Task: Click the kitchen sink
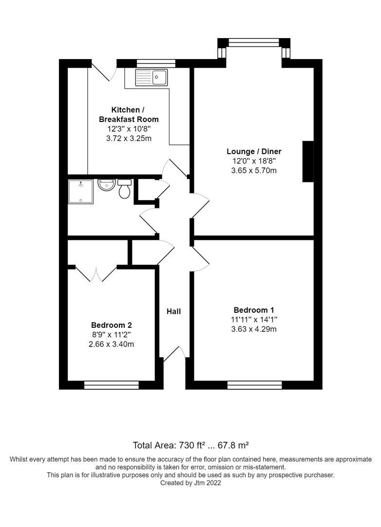pyautogui.click(x=152, y=77)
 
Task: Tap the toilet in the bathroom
pyautogui.click(x=124, y=188)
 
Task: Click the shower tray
pyautogui.click(x=80, y=191)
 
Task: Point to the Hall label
pyautogui.click(x=173, y=311)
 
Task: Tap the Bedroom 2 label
pyautogui.click(x=112, y=325)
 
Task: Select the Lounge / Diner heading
pyautogui.click(x=254, y=151)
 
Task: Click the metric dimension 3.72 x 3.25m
pyautogui.click(x=129, y=139)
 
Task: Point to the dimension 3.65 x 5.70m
pyautogui.click(x=254, y=170)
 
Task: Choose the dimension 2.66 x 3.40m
pyautogui.click(x=112, y=344)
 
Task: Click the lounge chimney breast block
pyautogui.click(x=308, y=162)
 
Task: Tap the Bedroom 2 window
pyautogui.click(x=112, y=385)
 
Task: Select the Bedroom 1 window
pyautogui.click(x=254, y=385)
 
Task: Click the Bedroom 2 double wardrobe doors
pyautogui.click(x=95, y=274)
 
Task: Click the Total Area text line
pyautogui.click(x=190, y=445)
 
